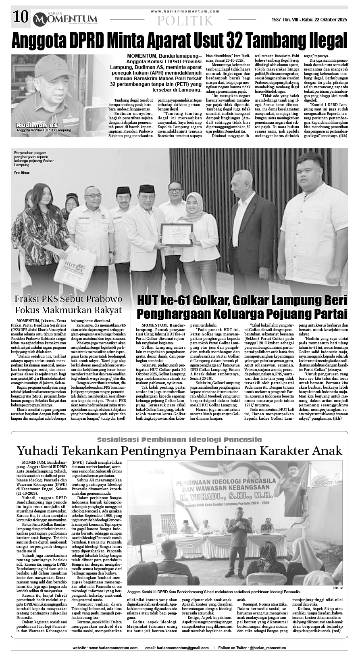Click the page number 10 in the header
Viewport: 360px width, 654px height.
point(20,17)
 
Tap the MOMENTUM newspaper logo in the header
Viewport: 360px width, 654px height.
point(65,19)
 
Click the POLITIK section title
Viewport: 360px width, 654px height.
point(185,21)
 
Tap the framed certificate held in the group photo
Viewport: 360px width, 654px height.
point(176,235)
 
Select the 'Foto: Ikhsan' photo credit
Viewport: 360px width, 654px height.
point(21,173)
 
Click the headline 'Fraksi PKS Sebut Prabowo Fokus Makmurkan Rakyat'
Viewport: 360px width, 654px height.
point(68,305)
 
